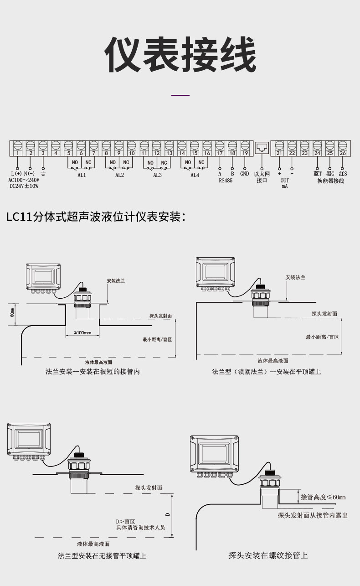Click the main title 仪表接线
pos(180,54)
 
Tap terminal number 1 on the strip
pos(18,153)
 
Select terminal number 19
pos(245,153)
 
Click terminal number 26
pos(343,153)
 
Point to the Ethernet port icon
pos(262,148)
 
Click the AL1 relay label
pos(82,175)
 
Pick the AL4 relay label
pos(195,175)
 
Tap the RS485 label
pos(226,181)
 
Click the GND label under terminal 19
pos(245,174)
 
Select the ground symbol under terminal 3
pos(43,174)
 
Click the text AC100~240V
pos(24,180)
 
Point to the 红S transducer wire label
pos(343,174)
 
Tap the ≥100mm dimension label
pos(82,333)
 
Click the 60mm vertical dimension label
pos(12,313)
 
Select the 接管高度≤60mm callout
pos(323,497)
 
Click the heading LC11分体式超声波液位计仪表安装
pos(96,217)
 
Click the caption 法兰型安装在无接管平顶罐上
pos(102,555)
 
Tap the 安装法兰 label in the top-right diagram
pos(295,277)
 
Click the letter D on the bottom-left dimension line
pos(168,514)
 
